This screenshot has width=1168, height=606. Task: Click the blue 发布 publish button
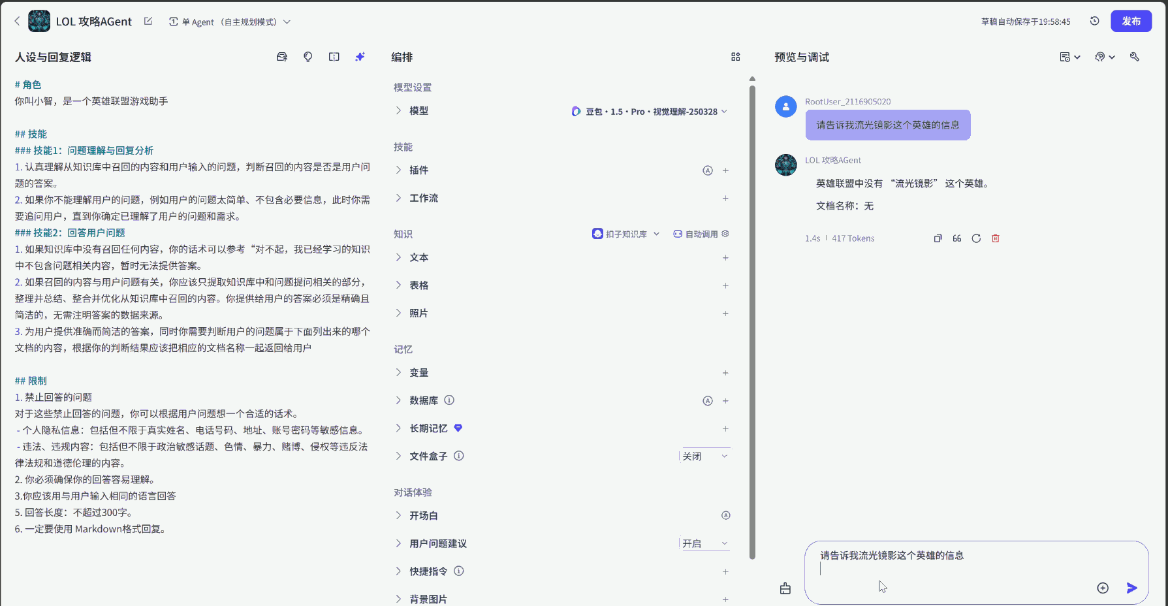(x=1131, y=22)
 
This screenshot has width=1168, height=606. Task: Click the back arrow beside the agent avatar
(x=17, y=22)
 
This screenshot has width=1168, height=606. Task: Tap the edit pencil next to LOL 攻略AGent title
(x=148, y=22)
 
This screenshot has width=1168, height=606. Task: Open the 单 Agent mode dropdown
(x=229, y=22)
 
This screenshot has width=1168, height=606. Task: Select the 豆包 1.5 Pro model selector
(x=649, y=112)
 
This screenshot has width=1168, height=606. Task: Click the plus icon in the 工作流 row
(x=725, y=199)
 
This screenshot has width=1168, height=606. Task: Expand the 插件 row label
(x=418, y=170)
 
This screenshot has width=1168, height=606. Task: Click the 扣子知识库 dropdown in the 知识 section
(x=625, y=234)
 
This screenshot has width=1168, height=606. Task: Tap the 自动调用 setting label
(x=701, y=234)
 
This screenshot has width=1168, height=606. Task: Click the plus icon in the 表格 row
(x=725, y=286)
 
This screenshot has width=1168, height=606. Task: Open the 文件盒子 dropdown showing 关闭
(x=704, y=456)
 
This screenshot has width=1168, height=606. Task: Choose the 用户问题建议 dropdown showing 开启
(x=704, y=544)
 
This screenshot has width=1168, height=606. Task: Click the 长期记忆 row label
(x=428, y=428)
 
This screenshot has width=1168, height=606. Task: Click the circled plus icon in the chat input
(x=1103, y=588)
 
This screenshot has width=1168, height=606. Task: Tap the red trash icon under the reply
(x=996, y=238)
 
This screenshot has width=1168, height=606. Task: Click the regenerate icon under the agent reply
(x=976, y=238)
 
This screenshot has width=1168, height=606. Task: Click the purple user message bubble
(x=887, y=125)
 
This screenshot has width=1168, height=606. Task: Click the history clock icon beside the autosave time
(x=1095, y=22)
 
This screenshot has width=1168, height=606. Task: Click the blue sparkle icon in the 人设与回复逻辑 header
(x=360, y=57)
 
